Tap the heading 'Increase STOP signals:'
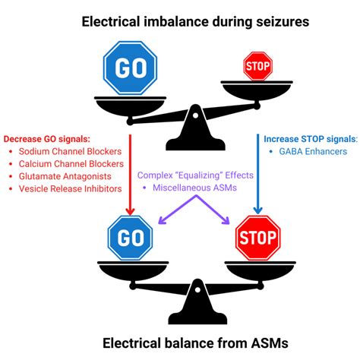(x=309, y=140)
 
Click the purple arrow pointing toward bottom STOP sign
(x=213, y=211)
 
